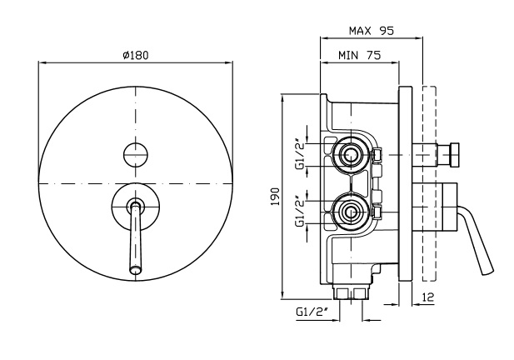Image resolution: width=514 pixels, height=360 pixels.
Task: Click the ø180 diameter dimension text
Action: [x=135, y=55]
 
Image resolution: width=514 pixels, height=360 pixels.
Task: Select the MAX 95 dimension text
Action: [x=371, y=31]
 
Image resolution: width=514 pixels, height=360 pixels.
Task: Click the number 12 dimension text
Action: [x=427, y=297]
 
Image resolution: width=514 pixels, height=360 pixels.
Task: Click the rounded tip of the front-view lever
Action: [x=135, y=268]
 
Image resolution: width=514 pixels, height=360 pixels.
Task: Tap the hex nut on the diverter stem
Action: [x=455, y=154]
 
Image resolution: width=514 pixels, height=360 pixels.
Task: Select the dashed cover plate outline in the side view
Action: [x=430, y=192]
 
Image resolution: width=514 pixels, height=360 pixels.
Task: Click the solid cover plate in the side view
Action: [x=407, y=192]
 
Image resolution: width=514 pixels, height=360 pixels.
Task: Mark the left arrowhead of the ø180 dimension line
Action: [x=42, y=62]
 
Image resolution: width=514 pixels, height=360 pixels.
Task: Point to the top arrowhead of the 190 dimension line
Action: [x=284, y=92]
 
